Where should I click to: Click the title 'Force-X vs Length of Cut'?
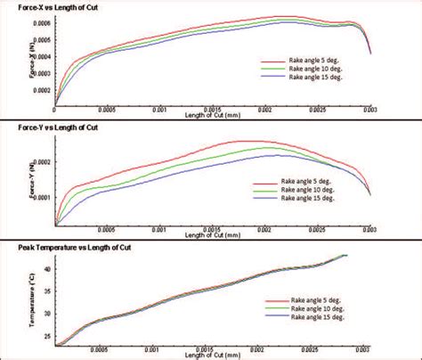point(46,7)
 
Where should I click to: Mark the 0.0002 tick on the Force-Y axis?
point(43,161)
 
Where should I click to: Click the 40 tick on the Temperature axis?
point(47,267)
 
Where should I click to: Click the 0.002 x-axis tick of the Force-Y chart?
point(264,230)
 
